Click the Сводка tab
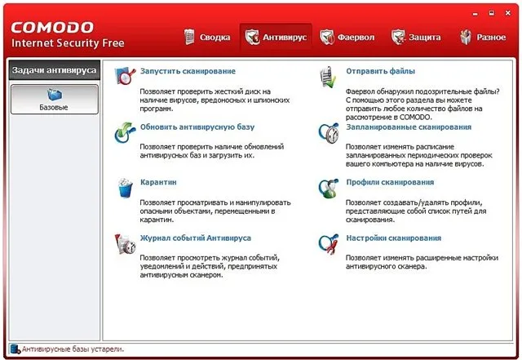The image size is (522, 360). pos(207,37)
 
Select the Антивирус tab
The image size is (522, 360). pos(276,37)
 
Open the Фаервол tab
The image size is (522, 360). pos(347,37)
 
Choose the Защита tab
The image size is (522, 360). pos(416,37)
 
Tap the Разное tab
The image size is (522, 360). pos(483,37)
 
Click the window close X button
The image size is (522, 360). pos(507,13)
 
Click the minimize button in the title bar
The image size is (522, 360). pos(475,14)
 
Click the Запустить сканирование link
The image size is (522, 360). pos(188,71)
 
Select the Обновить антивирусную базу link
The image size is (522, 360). pos(197,127)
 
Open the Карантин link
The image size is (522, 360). pos(158,182)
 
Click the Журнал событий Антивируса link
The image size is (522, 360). pos(196,238)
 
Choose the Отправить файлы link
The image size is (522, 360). pos(381,71)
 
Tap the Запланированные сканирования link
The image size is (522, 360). pos(409,127)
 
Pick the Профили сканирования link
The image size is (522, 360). pos(390,182)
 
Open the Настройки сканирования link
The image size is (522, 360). pos(394,238)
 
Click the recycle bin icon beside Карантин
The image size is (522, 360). pos(125,188)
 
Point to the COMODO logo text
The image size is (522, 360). pos(52,28)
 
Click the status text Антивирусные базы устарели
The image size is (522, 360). pos(73,349)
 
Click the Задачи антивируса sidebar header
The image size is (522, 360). pos(55,70)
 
